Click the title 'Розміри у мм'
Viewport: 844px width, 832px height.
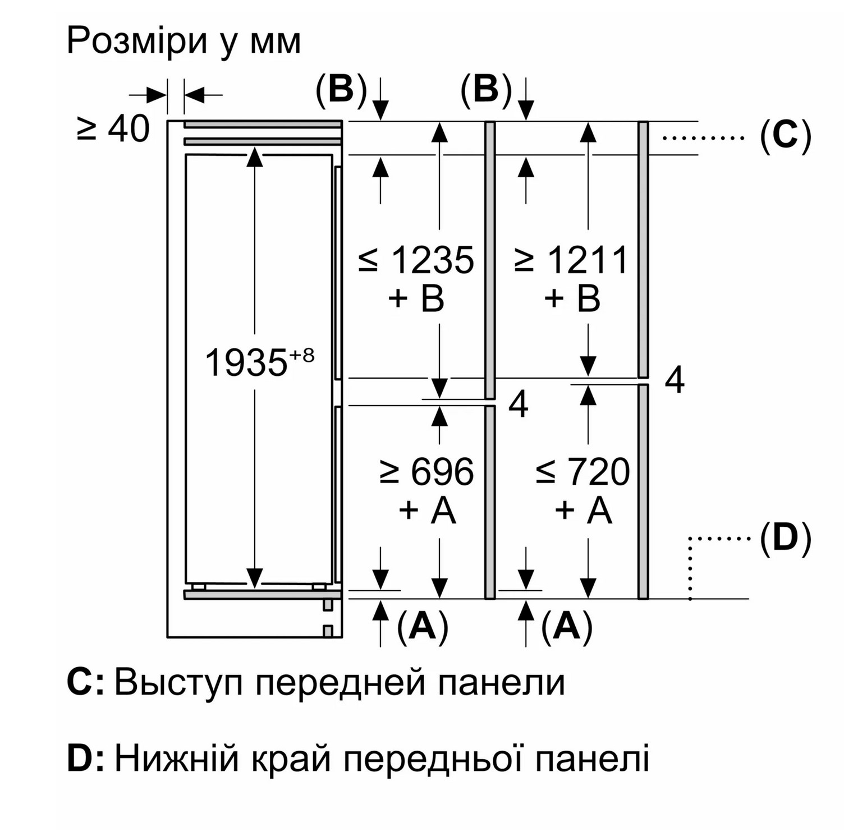[x=184, y=41]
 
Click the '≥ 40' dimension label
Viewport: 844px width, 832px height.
[x=113, y=128]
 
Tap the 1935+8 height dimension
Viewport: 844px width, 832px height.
[x=259, y=362]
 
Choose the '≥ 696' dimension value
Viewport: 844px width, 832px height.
[x=427, y=471]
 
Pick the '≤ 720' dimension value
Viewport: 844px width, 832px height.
[x=582, y=471]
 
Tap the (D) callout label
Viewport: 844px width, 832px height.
[x=786, y=539]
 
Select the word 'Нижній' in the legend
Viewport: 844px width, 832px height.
[x=177, y=759]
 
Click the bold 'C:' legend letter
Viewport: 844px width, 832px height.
[x=86, y=682]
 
